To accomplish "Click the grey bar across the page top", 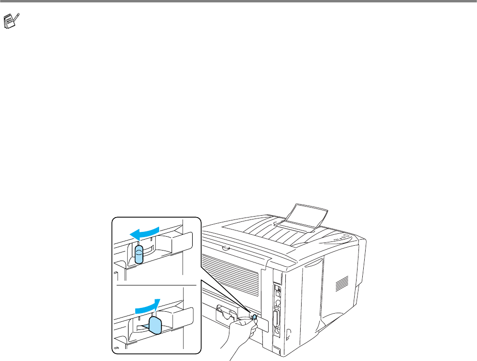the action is [x=238, y=2].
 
